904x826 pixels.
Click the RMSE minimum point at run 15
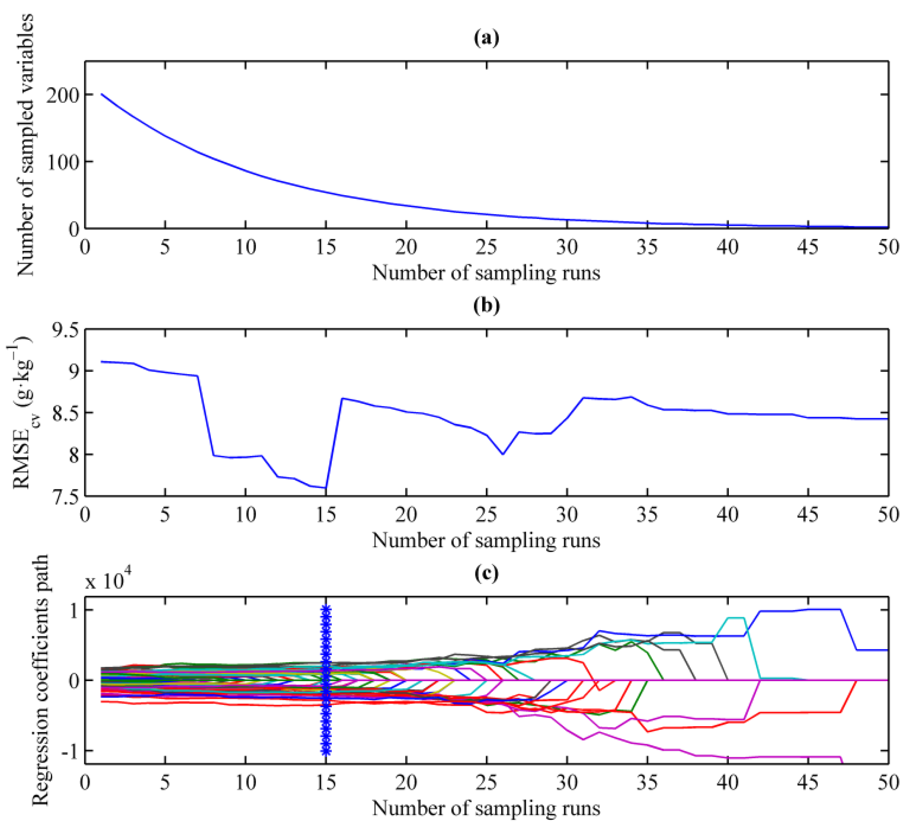click(326, 488)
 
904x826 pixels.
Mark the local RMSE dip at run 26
click(503, 454)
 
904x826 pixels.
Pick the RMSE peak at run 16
click(342, 398)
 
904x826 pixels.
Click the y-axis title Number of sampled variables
click(26, 145)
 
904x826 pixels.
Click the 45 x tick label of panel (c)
click(808, 783)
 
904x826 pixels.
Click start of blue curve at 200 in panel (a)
click(102, 94)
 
